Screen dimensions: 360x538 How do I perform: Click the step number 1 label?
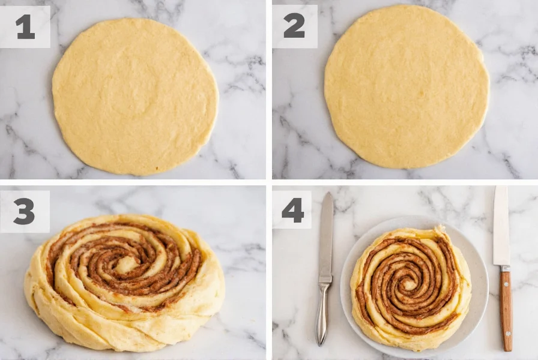[x=25, y=27]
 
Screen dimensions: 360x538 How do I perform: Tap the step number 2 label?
[x=294, y=27]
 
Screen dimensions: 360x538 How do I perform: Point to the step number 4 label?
[x=292, y=211]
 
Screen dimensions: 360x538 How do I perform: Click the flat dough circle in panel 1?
[x=135, y=96]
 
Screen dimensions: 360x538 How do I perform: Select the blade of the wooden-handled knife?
[x=501, y=225]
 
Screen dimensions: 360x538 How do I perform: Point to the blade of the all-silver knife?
[x=326, y=240]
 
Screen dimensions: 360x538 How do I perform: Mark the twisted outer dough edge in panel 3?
[x=120, y=339]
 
